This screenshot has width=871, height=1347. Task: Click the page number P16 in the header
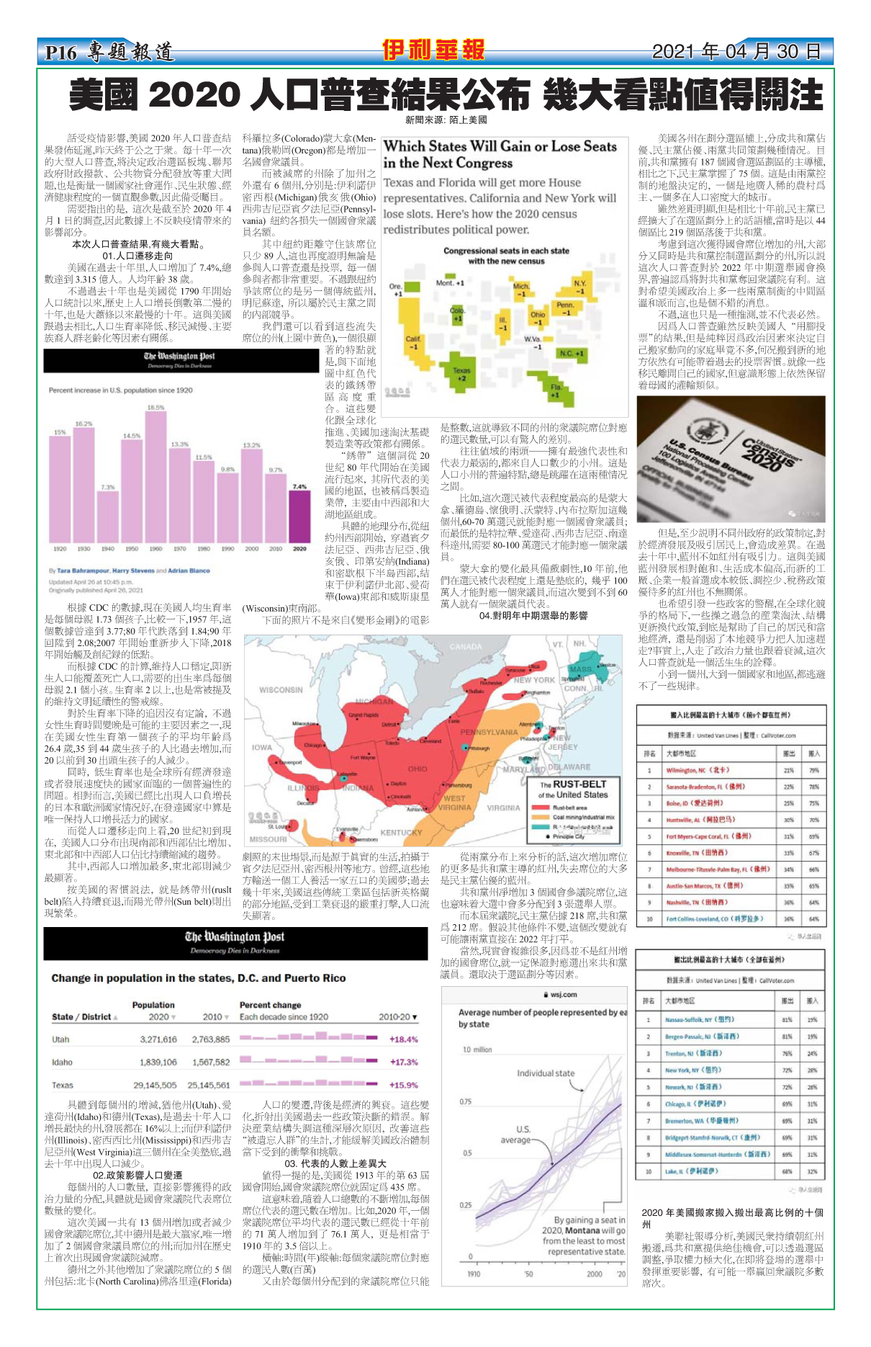[60, 53]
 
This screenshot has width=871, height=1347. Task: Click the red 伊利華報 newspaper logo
[433, 50]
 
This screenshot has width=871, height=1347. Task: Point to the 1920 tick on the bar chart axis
[60, 549]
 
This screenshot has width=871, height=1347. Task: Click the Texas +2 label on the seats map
[461, 374]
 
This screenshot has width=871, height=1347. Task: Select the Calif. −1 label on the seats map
[413, 342]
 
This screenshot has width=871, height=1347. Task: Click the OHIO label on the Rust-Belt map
[418, 769]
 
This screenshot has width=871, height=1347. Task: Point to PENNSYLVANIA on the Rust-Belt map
[489, 732]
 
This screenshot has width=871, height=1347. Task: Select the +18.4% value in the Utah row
[403, 1039]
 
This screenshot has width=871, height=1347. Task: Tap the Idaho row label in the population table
[62, 1062]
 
